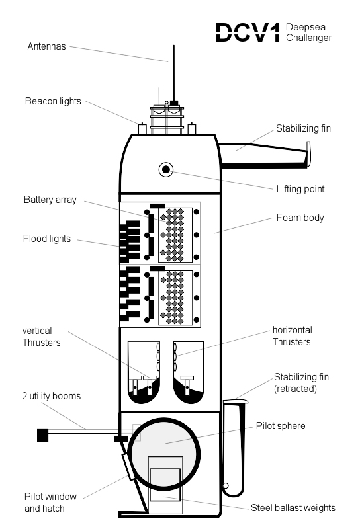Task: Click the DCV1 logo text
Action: [x=248, y=32]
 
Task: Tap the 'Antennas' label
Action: [x=46, y=46]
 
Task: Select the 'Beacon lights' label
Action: [x=53, y=101]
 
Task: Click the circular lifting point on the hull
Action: [x=166, y=169]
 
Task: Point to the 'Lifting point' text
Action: [x=300, y=189]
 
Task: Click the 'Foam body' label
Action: [x=300, y=218]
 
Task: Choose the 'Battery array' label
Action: [x=50, y=200]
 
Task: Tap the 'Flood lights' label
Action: [x=46, y=239]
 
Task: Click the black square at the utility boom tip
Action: [x=42, y=436]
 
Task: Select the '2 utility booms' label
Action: [x=52, y=396]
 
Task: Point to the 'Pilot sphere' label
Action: [x=281, y=426]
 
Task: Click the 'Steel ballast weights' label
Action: [x=292, y=508]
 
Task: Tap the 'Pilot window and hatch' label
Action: [x=50, y=503]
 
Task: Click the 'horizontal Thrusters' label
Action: [x=292, y=336]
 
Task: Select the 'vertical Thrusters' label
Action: [x=41, y=337]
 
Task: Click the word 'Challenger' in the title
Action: [x=308, y=38]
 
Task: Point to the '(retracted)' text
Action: [x=295, y=389]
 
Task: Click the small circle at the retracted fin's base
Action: [x=226, y=486]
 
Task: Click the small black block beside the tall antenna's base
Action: [x=174, y=102]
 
